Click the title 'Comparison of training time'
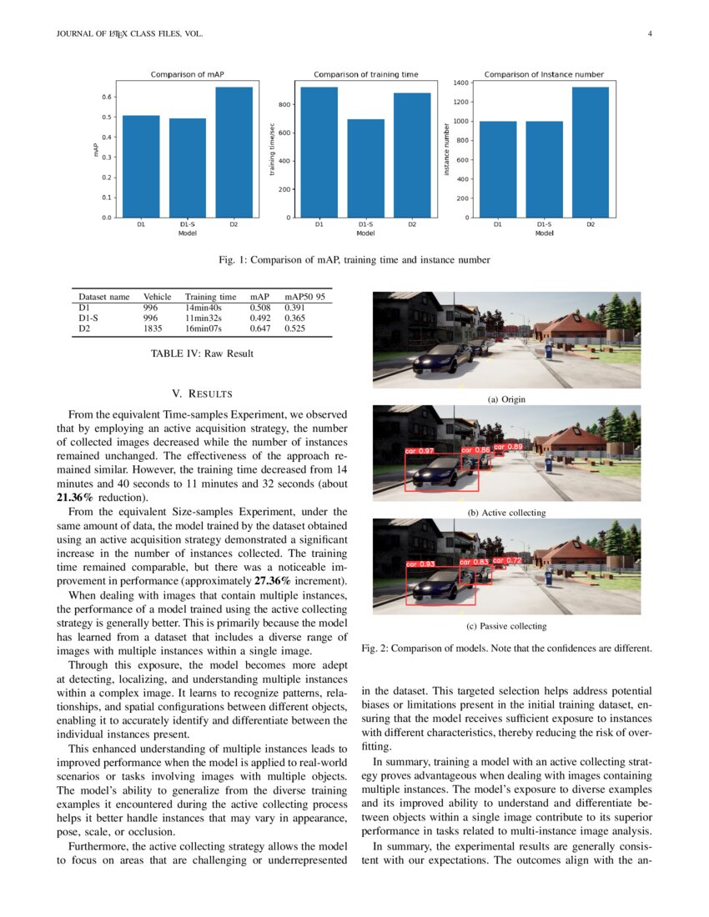point(366,75)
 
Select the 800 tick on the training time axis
point(284,104)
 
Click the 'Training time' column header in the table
point(210,296)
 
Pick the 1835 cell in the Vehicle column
point(153,328)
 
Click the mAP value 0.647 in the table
point(260,328)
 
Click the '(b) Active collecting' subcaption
point(506,513)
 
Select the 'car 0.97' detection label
point(420,451)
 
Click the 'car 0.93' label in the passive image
point(421,564)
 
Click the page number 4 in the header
point(649,34)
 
